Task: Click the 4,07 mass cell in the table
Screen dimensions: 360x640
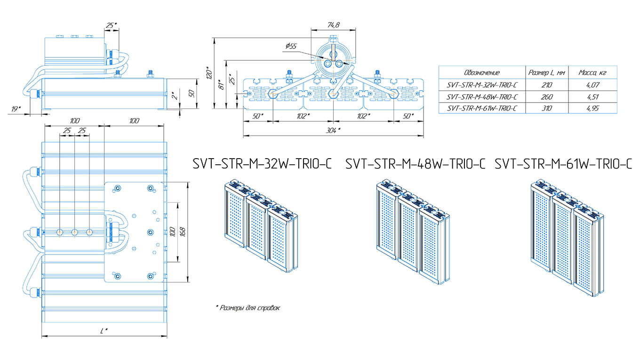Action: pos(592,85)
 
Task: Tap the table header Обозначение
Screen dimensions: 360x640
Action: pos(481,72)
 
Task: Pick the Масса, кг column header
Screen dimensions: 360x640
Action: pos(592,72)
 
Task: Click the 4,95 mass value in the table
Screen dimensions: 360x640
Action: pos(592,109)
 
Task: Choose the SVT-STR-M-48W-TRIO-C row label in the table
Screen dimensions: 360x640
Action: pos(481,97)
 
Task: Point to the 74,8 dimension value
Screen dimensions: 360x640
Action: pos(333,25)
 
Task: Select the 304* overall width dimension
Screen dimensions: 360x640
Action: pos(333,131)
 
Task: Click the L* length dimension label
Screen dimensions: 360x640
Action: pos(104,330)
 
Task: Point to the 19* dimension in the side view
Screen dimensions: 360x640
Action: pos(16,109)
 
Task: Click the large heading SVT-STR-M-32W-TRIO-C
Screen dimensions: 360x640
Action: pos(262,164)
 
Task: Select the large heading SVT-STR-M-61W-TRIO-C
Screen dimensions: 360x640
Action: pos(563,164)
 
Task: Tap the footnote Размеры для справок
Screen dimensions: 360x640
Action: pos(248,308)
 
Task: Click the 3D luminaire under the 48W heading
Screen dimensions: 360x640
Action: pos(412,232)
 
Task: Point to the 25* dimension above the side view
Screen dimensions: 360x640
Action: pos(112,26)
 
